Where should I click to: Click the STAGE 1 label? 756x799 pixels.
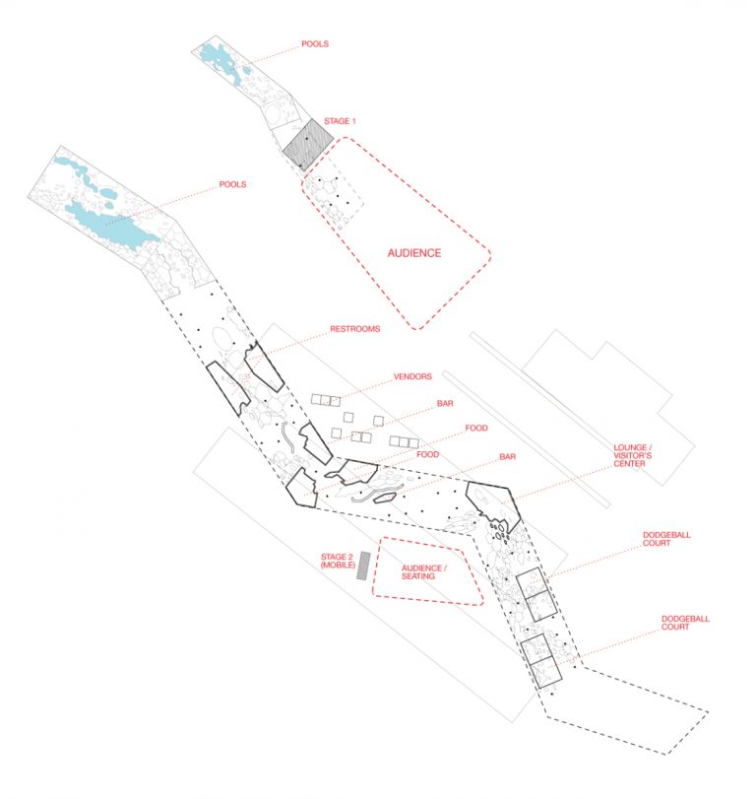pos(340,121)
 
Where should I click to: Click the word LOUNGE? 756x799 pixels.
pos(628,446)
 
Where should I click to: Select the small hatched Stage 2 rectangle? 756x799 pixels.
pos(365,565)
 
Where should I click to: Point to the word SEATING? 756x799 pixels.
pos(424,576)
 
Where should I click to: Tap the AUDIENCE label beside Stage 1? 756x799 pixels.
pos(413,253)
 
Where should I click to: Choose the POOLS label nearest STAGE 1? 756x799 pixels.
pos(316,44)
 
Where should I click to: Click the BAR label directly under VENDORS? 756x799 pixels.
pos(445,404)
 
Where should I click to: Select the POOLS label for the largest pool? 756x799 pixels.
pos(233,184)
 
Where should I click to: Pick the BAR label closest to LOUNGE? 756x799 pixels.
pos(508,457)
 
